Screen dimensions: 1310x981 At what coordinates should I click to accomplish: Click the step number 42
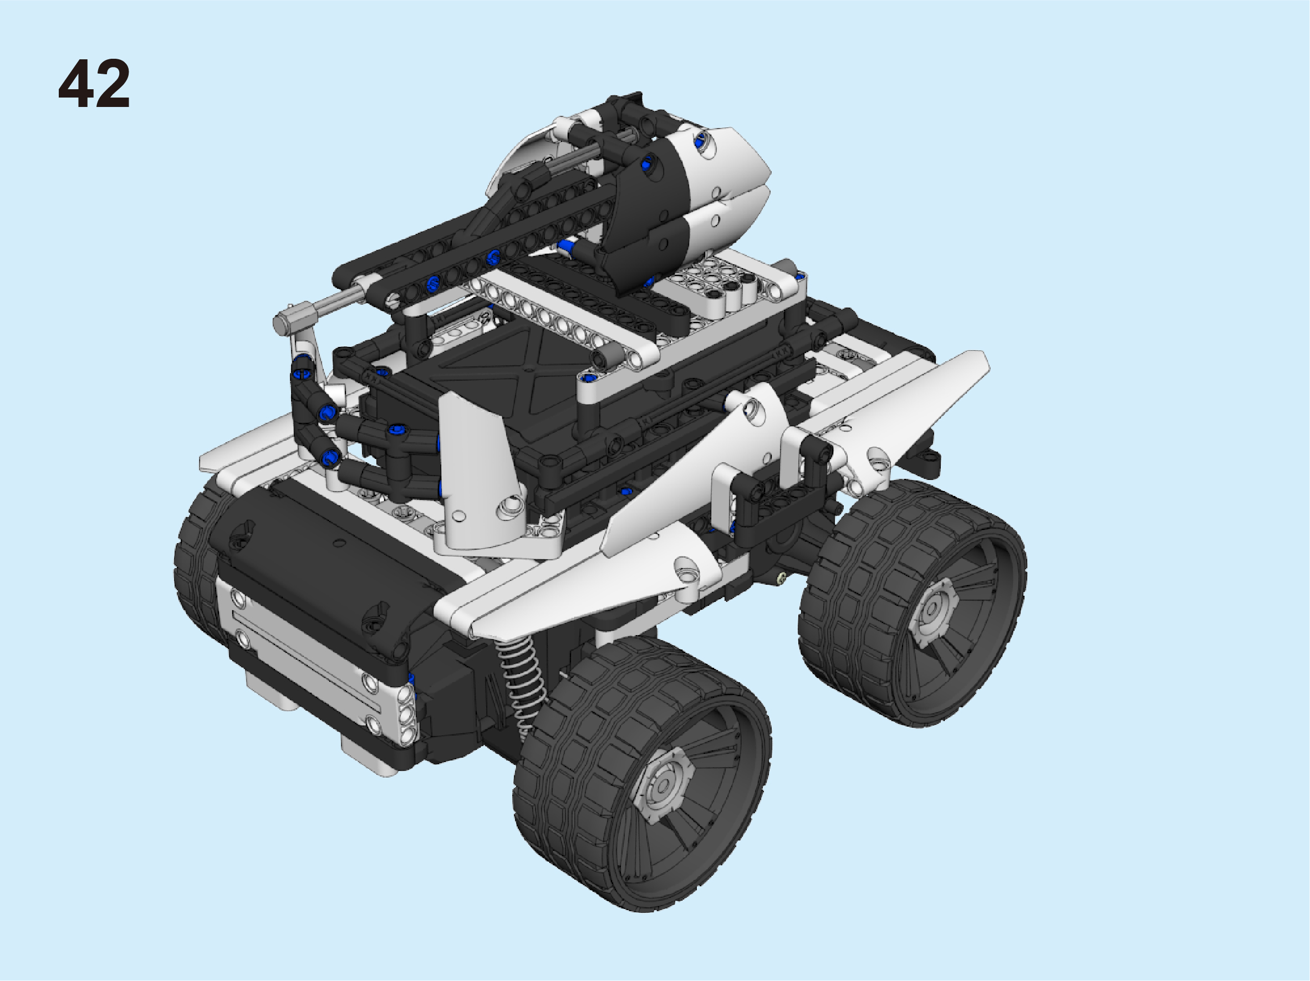coord(94,84)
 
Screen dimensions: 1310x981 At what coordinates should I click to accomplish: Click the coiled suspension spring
coord(522,687)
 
